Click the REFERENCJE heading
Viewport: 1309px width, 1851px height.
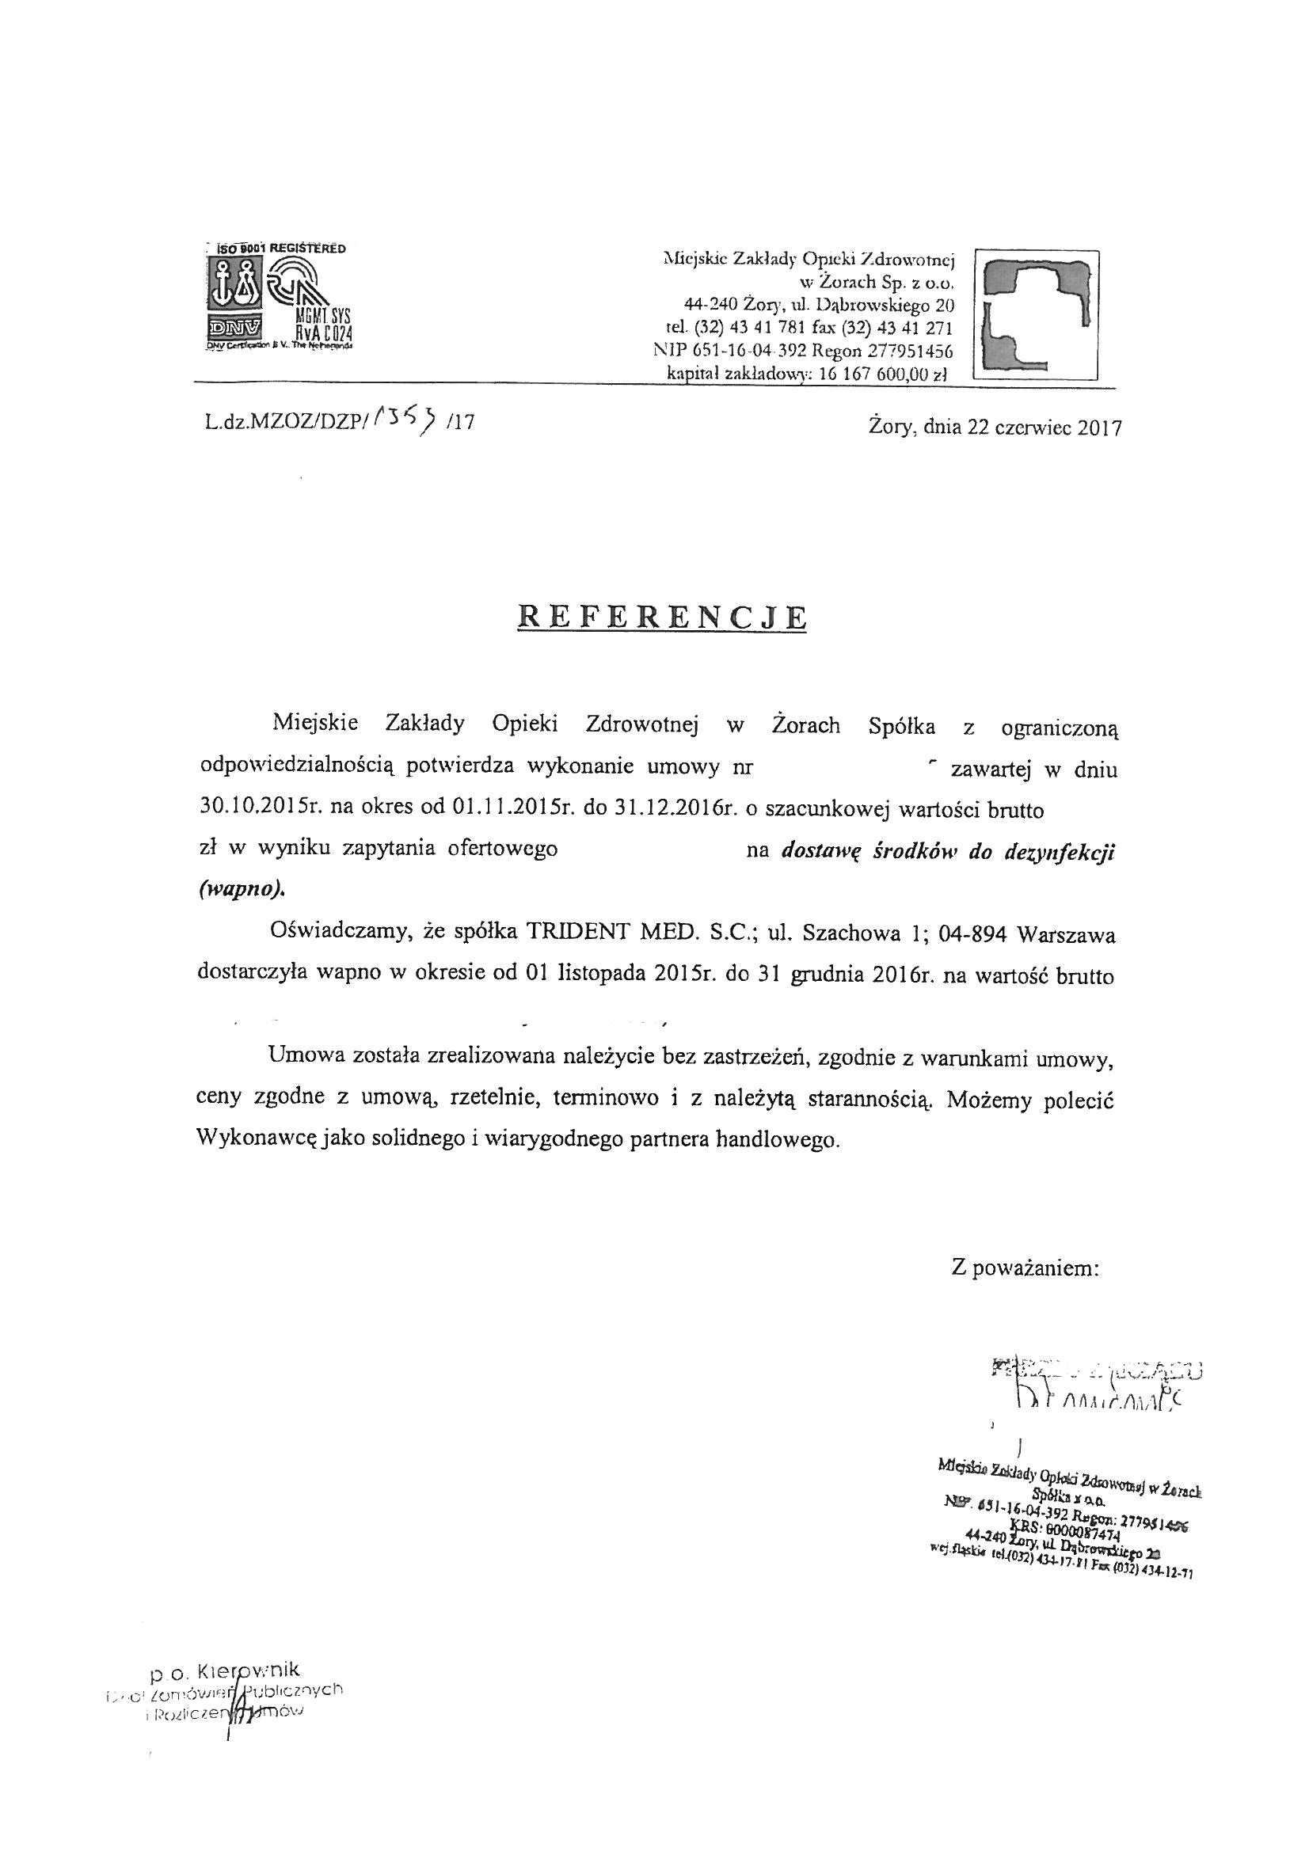point(661,617)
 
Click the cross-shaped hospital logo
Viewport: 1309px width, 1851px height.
point(1035,314)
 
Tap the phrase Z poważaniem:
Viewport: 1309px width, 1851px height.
point(1025,1268)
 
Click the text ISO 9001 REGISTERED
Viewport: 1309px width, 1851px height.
point(276,249)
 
